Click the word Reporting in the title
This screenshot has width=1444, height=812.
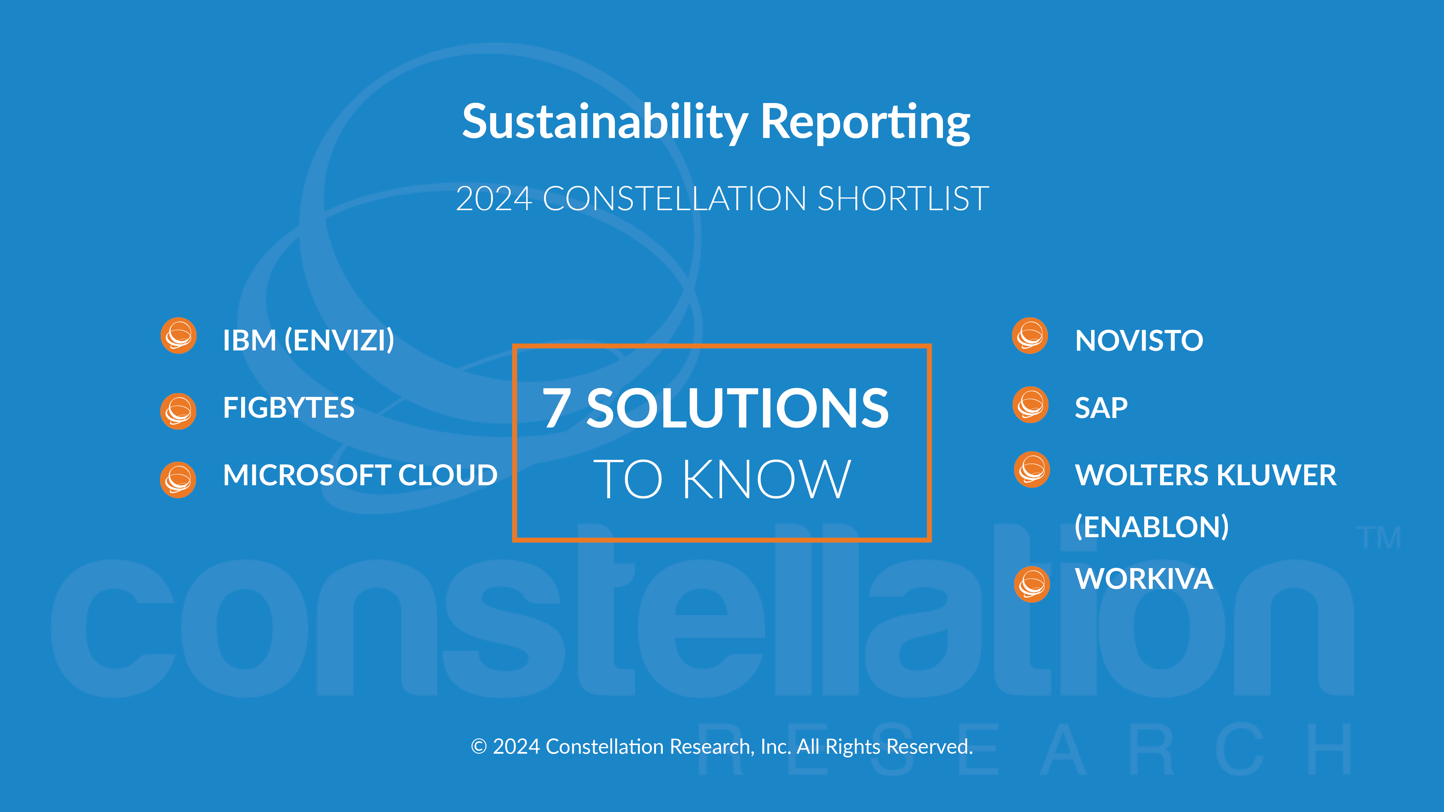tap(865, 122)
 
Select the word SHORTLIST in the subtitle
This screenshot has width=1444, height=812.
tap(904, 199)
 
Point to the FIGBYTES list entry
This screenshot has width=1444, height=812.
tap(289, 407)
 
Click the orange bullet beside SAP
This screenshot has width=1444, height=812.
tap(1030, 405)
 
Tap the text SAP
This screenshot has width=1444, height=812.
tap(1101, 407)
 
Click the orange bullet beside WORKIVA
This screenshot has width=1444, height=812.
tap(1032, 585)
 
